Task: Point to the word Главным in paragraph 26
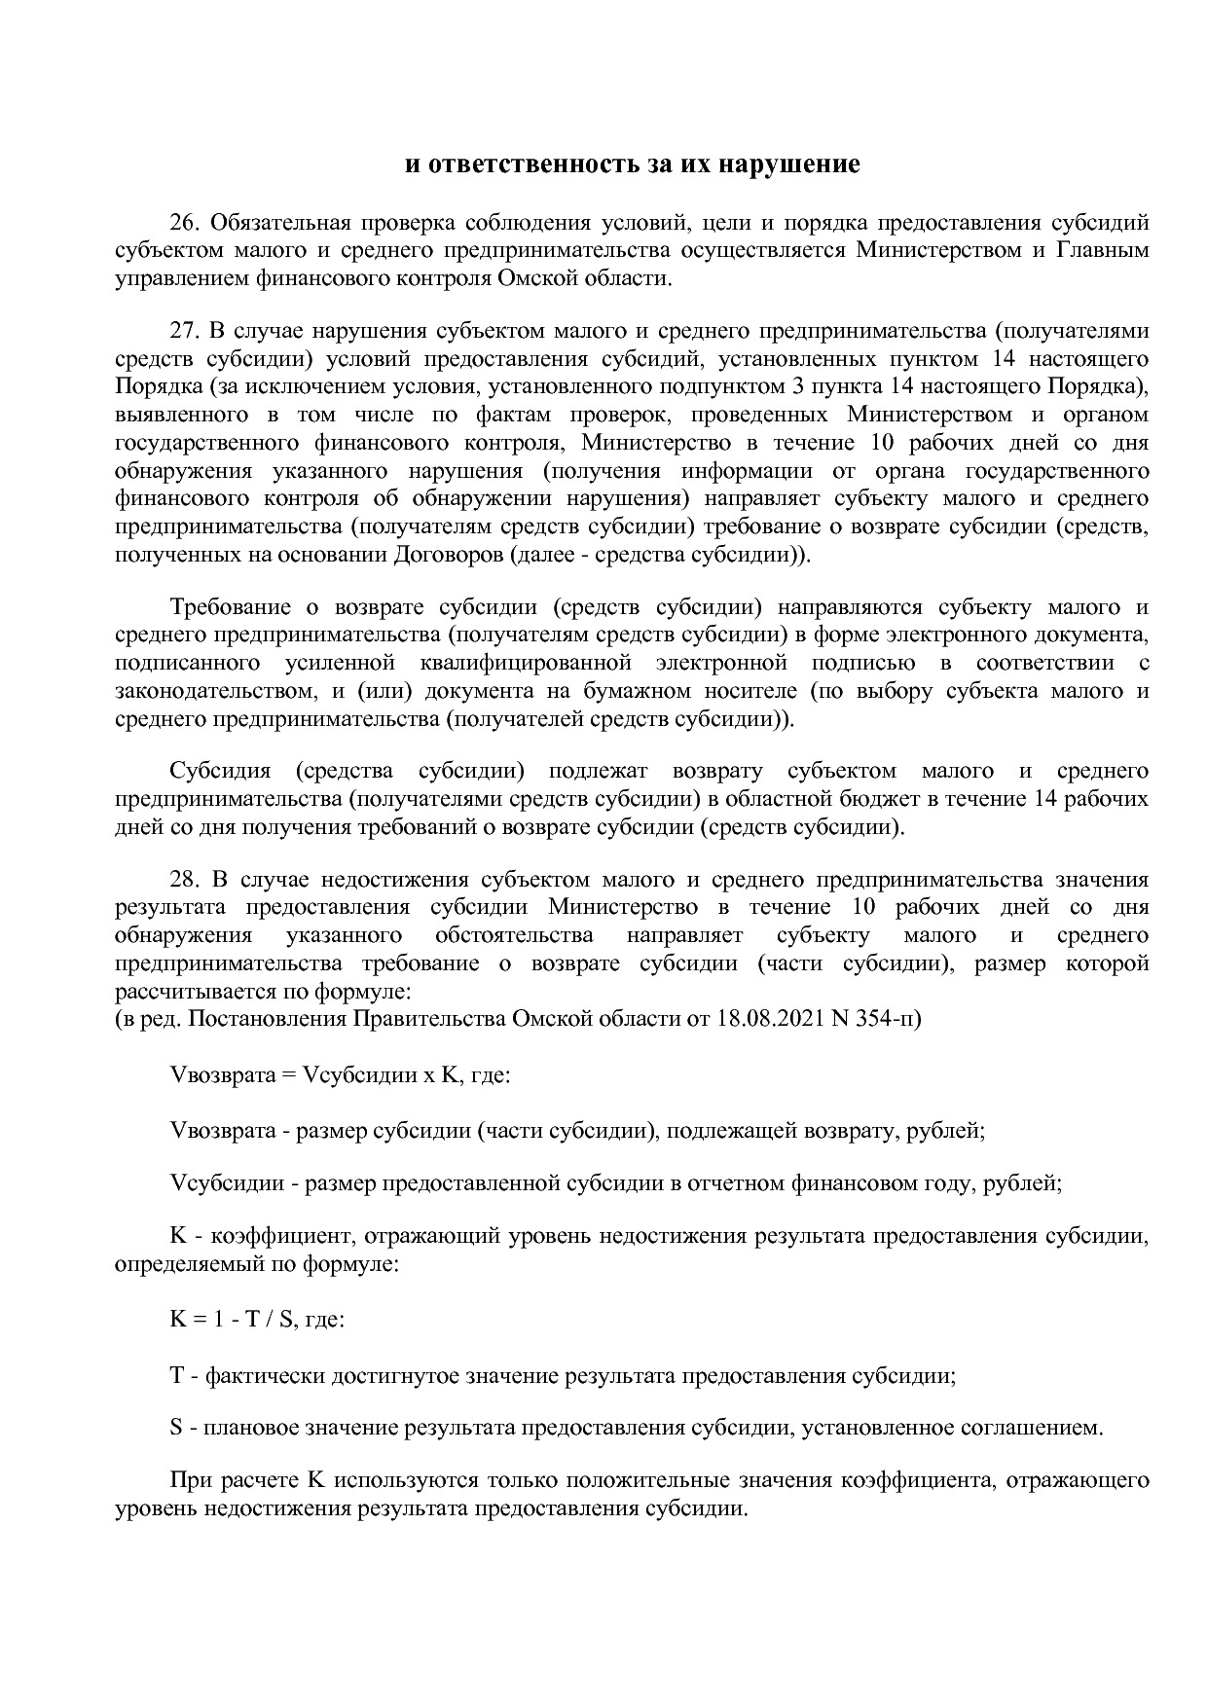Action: (1102, 251)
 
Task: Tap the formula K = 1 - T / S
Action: (234, 1321)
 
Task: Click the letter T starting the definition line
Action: (177, 1377)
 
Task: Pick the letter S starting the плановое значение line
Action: (176, 1429)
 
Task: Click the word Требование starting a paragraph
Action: (230, 608)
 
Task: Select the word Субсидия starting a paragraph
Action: (220, 772)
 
